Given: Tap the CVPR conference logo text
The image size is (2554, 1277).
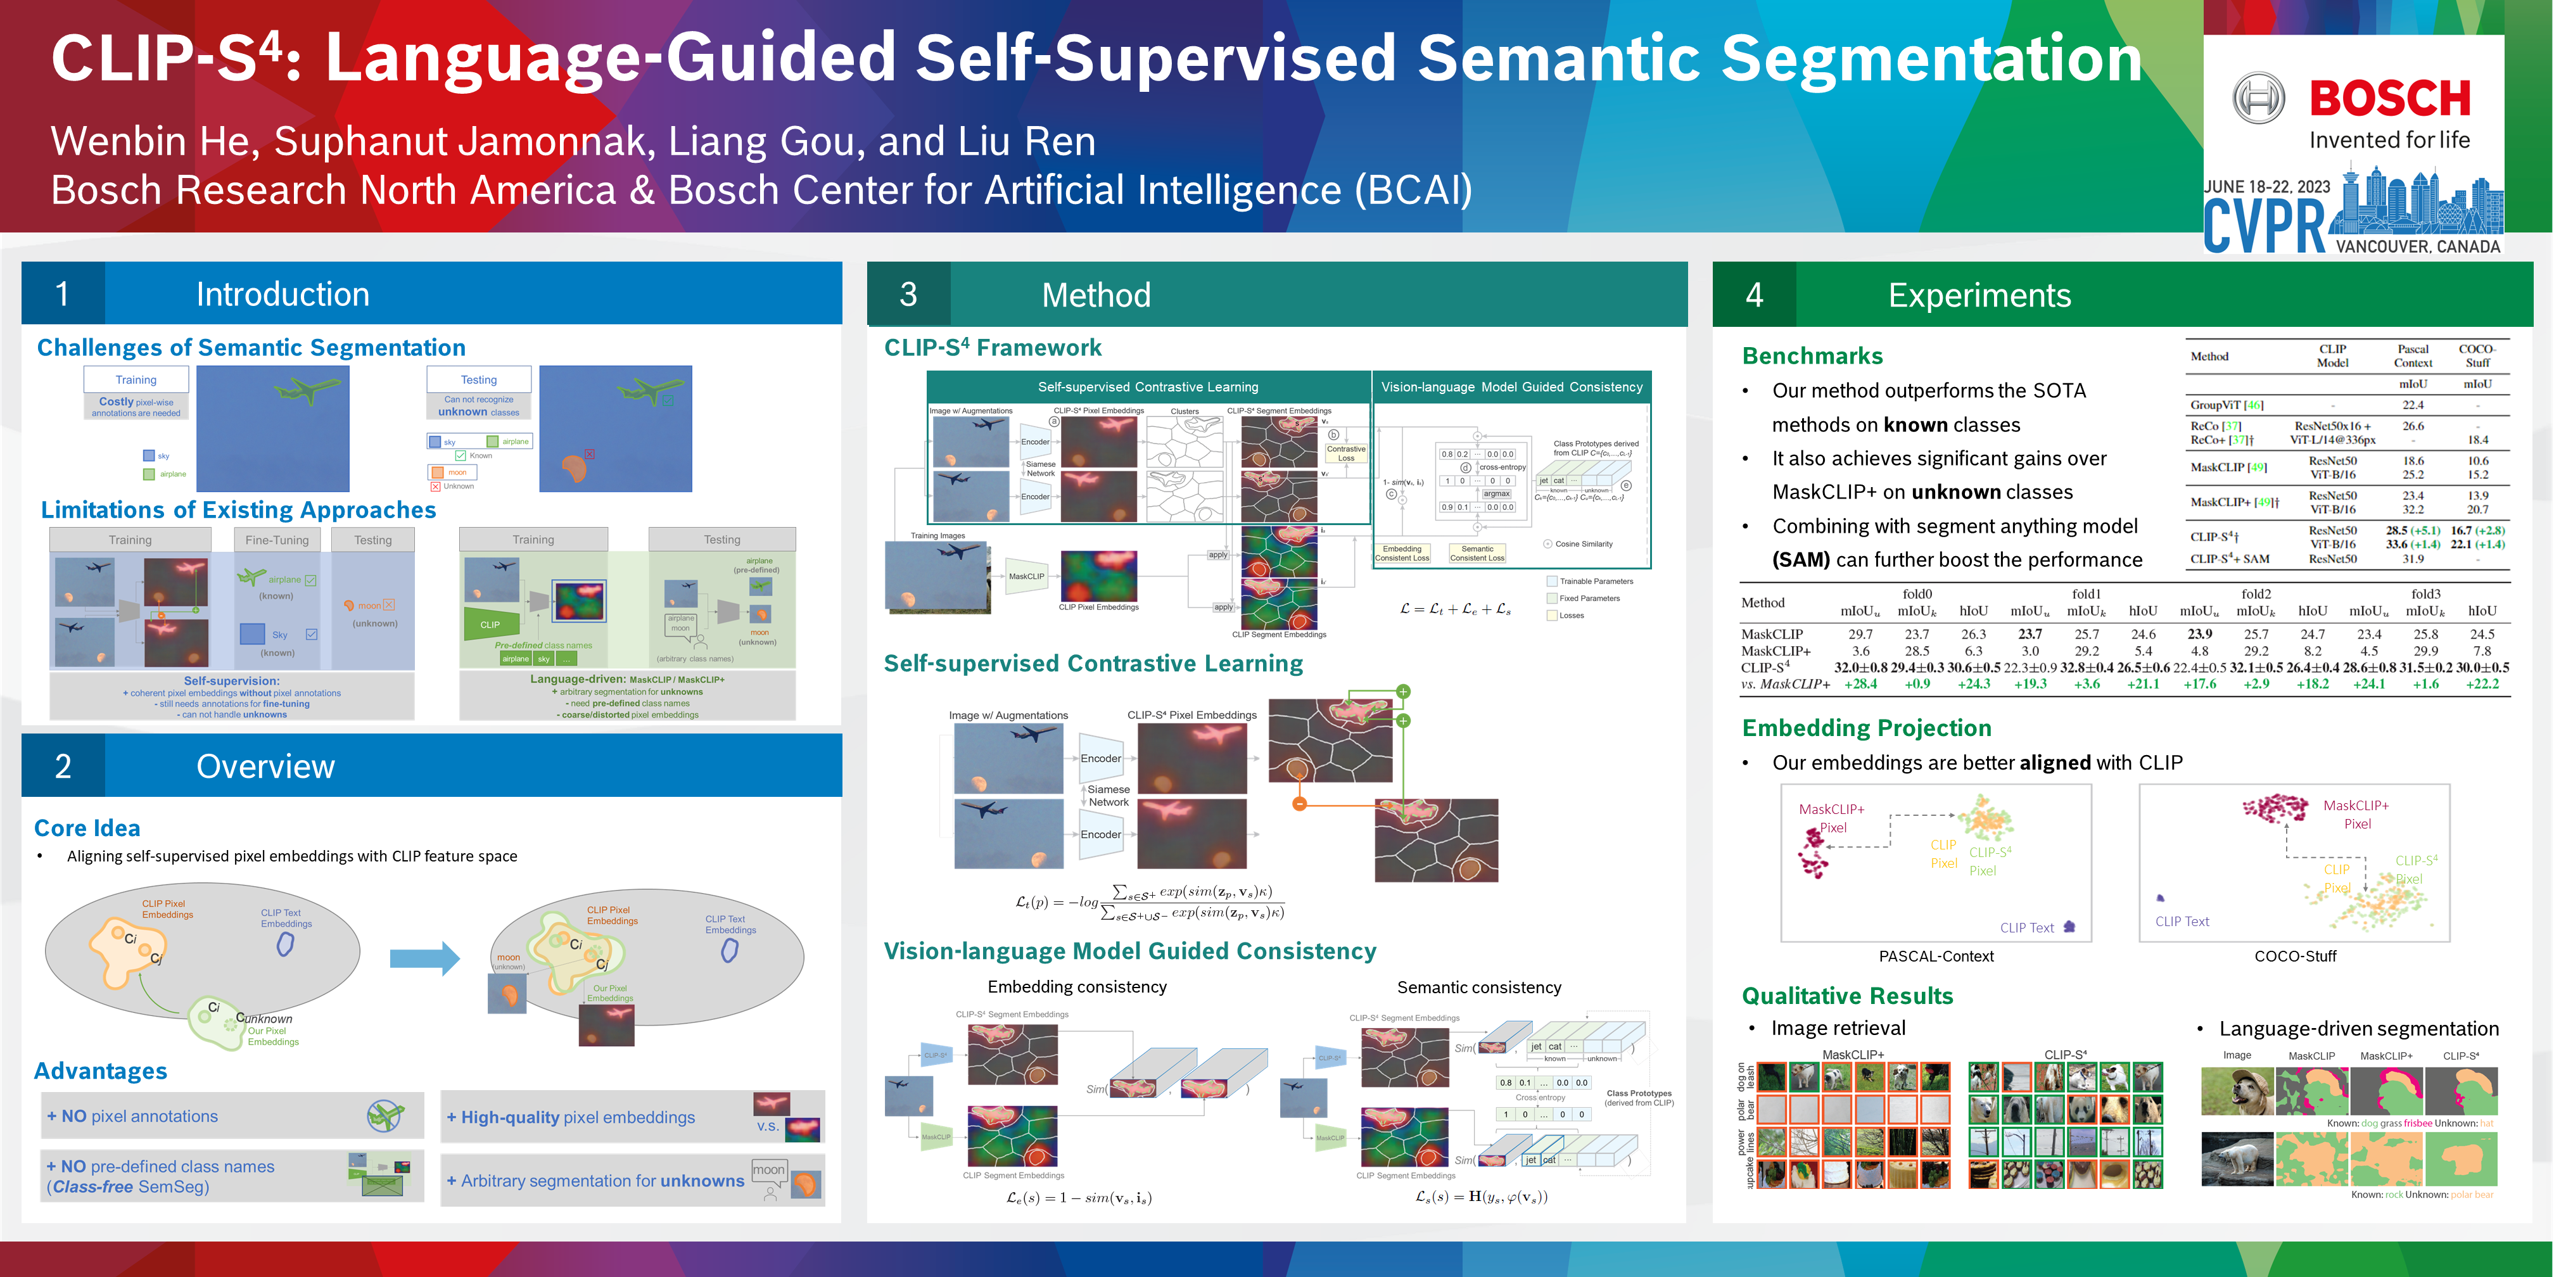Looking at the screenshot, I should [2263, 226].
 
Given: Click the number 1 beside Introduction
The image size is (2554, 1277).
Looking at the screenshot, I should [63, 295].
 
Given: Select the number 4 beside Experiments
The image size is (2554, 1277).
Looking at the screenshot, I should [1754, 295].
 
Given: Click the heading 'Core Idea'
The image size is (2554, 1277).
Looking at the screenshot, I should [87, 828].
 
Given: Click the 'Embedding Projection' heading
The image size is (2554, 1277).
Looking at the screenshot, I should [1866, 728].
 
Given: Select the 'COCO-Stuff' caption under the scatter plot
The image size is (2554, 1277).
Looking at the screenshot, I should [2294, 956].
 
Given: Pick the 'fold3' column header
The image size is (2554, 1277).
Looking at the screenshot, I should [2425, 594].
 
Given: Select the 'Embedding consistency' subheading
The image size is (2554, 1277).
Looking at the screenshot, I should [1077, 986].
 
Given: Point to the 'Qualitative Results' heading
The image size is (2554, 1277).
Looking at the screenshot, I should [1847, 995].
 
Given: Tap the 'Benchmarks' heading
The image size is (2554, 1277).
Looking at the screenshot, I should [1812, 356].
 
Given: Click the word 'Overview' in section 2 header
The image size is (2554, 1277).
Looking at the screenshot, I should [265, 766].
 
